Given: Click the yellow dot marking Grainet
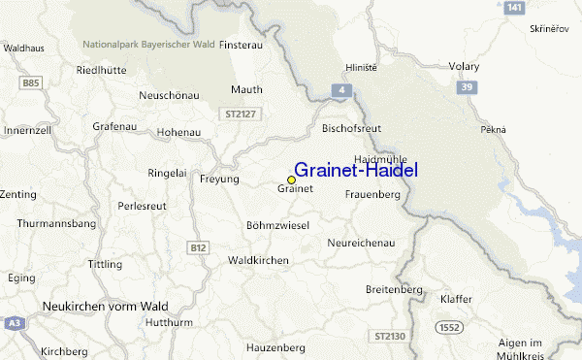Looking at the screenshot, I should [x=291, y=180].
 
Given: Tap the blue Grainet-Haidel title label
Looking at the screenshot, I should [x=356, y=169].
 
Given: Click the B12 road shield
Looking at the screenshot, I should [x=199, y=247].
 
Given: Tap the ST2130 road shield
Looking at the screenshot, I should [x=387, y=335].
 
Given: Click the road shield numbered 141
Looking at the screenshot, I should [x=515, y=8].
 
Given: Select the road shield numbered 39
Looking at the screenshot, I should [x=468, y=88].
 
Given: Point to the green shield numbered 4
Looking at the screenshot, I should [x=342, y=89].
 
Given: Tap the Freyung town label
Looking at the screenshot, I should [x=217, y=180].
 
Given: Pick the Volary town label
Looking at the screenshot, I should [x=465, y=67].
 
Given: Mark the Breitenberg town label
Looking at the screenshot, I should [x=394, y=290].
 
